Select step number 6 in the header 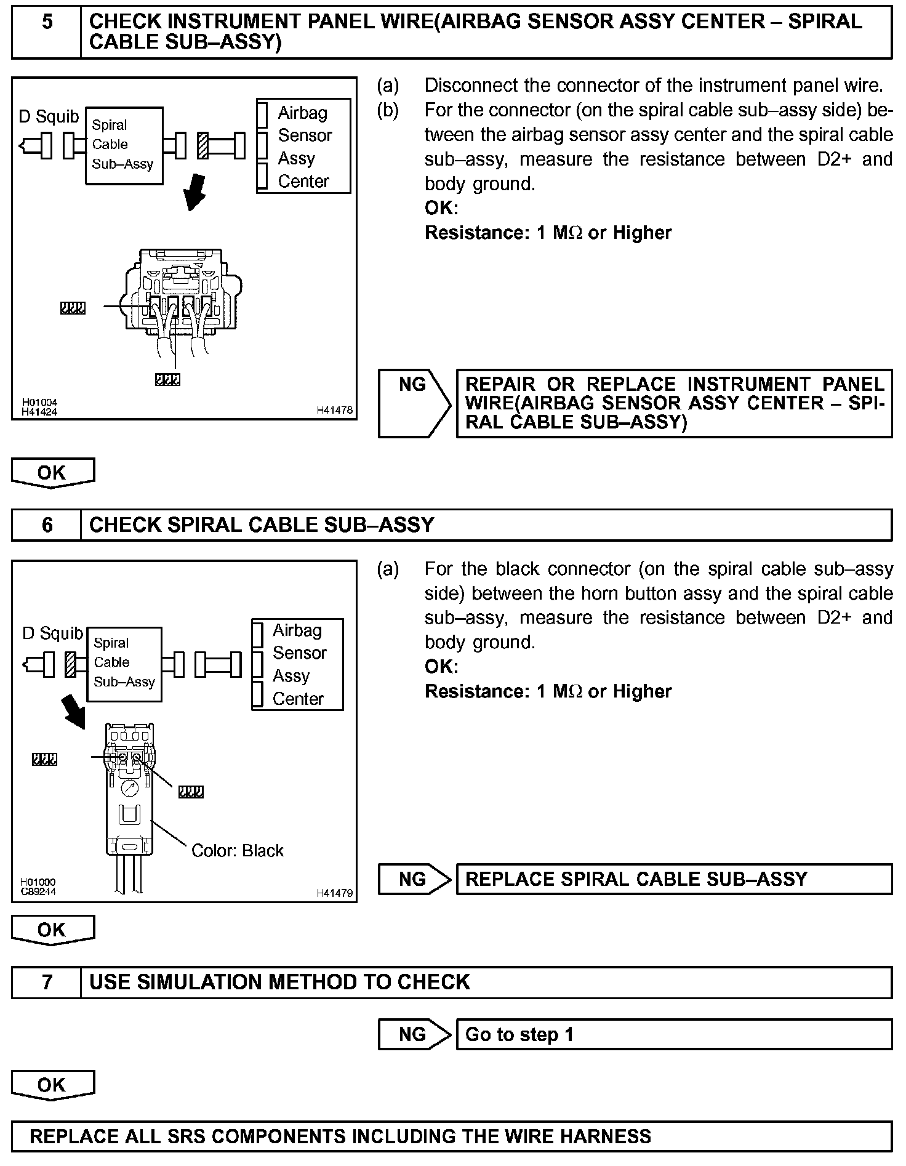point(47,525)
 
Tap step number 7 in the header point(47,981)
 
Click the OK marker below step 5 point(52,473)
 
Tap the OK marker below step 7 point(52,1085)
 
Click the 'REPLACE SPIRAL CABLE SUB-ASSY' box point(673,879)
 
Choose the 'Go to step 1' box point(673,1034)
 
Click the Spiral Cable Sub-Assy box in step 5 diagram point(124,145)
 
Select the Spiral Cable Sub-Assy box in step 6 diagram point(124,664)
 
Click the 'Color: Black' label point(238,851)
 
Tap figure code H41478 point(335,410)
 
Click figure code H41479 point(335,893)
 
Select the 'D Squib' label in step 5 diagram point(49,116)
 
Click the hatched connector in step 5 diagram point(202,145)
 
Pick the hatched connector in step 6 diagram point(71,664)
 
